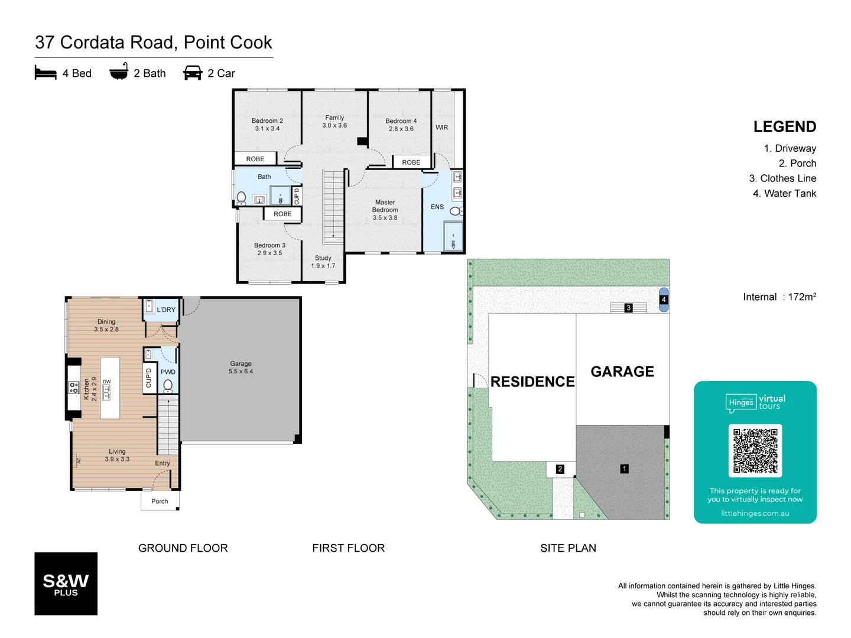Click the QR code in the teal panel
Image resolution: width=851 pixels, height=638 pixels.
point(755,451)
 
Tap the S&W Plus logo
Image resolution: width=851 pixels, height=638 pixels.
point(66,584)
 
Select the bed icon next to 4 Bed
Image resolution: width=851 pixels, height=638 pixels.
point(46,73)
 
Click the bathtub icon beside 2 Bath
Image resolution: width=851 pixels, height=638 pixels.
point(119,71)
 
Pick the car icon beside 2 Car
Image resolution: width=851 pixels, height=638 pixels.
point(193,73)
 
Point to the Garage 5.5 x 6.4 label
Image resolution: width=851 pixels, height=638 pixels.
point(241,367)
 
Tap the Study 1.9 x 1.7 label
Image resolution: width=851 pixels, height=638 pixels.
point(323,262)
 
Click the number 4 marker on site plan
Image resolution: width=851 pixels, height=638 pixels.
point(664,300)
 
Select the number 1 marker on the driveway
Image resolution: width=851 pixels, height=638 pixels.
point(624,468)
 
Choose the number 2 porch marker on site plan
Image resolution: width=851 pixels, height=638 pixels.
point(560,469)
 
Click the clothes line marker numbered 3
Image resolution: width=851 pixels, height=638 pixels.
point(628,308)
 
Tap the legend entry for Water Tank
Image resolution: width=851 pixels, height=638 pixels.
point(784,193)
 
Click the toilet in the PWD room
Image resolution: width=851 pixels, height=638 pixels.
point(168,385)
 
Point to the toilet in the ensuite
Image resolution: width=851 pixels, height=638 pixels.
point(456,211)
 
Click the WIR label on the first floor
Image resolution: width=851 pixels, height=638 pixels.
point(441,128)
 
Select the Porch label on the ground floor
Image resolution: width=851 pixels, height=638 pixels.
point(160,501)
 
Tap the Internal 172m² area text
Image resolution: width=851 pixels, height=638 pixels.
point(779,297)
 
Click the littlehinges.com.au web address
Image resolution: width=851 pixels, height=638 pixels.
point(755,513)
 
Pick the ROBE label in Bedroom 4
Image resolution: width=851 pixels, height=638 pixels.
point(411,162)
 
